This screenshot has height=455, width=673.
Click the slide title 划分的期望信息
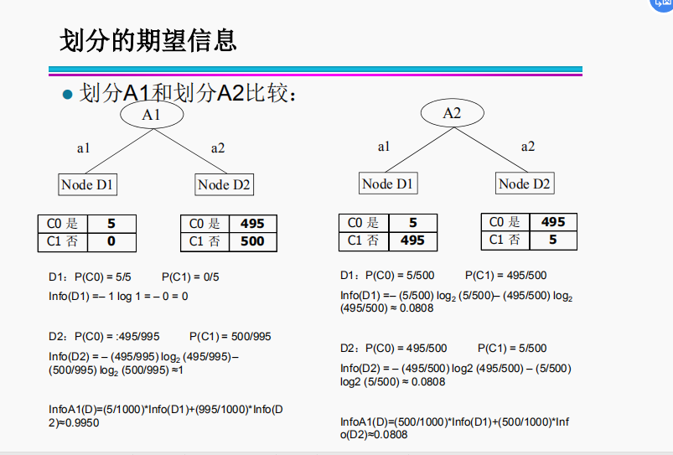click(148, 39)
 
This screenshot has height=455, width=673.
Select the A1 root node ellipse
click(152, 114)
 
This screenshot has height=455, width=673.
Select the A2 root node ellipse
click(452, 113)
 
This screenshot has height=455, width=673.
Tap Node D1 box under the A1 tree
click(88, 184)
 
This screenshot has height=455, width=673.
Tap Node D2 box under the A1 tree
click(225, 184)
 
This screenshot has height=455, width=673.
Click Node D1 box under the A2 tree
click(389, 184)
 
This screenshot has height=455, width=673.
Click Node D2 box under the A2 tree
click(525, 184)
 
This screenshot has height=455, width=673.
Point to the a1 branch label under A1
click(84, 148)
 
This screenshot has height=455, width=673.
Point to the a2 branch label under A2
click(528, 146)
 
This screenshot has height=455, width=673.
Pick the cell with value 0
click(111, 242)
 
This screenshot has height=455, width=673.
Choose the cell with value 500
click(252, 241)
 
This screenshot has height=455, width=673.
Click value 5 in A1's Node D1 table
click(111, 224)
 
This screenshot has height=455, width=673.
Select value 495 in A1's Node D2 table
click(252, 224)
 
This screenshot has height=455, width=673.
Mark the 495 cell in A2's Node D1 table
click(412, 240)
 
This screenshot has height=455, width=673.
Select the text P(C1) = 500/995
click(230, 337)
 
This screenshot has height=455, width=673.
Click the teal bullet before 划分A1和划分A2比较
click(69, 93)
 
